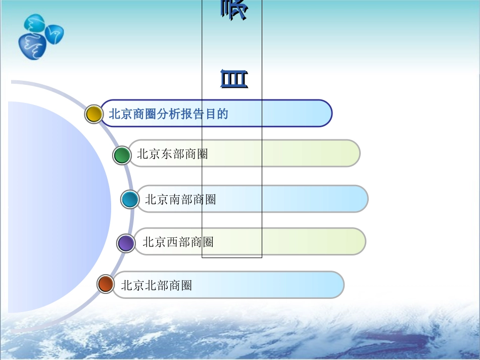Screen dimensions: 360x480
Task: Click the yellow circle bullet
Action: (x=93, y=114)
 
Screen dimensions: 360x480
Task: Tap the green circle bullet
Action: (x=122, y=155)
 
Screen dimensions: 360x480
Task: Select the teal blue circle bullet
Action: (x=130, y=200)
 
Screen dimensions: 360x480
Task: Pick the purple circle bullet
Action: (x=126, y=243)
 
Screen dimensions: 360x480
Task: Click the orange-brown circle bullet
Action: (x=106, y=284)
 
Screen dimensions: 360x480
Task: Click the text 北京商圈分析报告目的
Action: (x=168, y=114)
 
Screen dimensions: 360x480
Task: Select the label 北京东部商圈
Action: (x=172, y=154)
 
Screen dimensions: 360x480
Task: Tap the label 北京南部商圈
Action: (x=180, y=199)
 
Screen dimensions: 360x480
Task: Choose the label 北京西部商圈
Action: (x=178, y=242)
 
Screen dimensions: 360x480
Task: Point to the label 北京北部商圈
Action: (x=156, y=285)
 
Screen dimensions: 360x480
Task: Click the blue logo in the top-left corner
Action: (x=40, y=37)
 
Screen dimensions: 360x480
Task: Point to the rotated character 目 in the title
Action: (x=234, y=80)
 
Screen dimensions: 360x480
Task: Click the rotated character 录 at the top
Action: (x=234, y=10)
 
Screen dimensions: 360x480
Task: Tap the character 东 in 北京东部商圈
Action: (x=167, y=154)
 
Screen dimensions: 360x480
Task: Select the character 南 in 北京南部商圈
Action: (x=175, y=199)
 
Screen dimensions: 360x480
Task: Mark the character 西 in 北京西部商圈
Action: (x=172, y=242)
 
